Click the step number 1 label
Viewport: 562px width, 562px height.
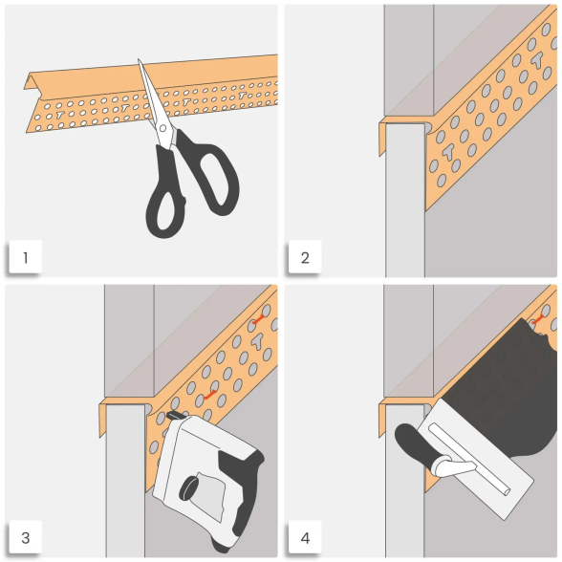(x=25, y=257)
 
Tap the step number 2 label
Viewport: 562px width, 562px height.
(x=305, y=257)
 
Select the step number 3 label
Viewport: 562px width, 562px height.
(x=25, y=537)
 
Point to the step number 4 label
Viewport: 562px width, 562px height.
(x=305, y=537)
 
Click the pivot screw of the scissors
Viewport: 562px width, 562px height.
(x=162, y=128)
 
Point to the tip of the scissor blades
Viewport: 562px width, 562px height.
(x=139, y=60)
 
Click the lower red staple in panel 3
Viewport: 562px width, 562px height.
(x=210, y=395)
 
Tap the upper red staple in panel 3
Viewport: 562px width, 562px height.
(x=258, y=319)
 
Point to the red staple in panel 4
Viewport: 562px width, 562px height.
(x=537, y=319)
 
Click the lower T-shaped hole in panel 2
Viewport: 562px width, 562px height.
(x=447, y=152)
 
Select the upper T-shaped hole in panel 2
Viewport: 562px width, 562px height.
(x=537, y=60)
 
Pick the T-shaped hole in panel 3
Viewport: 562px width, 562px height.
(x=257, y=341)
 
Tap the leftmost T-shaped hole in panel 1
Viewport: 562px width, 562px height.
(x=59, y=115)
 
